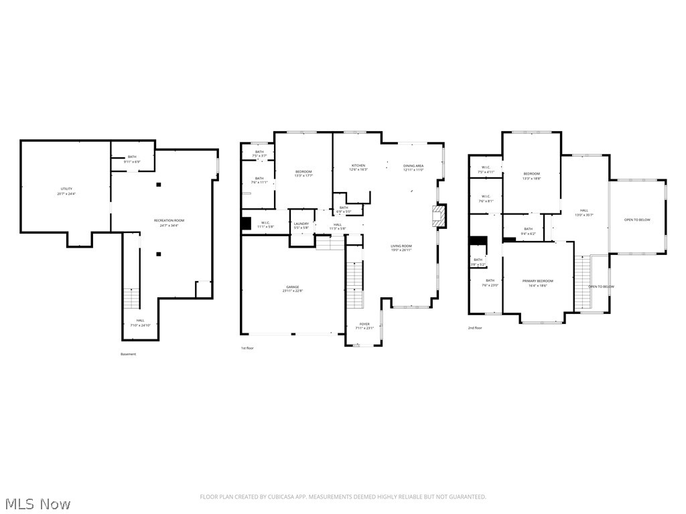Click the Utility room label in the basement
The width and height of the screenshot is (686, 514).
66,189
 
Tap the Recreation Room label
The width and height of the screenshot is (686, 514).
169,220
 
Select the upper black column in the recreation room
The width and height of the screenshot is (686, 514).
159,184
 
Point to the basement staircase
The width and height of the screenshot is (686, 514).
131,298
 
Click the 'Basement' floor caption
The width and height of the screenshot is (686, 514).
128,354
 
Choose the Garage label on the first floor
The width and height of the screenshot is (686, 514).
293,287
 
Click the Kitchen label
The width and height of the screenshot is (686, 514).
358,165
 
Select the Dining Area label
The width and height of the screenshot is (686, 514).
413,165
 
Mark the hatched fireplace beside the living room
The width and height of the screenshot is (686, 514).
438,214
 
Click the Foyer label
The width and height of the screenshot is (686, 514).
364,325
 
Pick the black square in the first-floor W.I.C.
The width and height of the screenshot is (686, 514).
247,224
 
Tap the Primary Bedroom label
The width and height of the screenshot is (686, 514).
538,281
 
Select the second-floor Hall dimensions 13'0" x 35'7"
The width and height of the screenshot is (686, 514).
584,216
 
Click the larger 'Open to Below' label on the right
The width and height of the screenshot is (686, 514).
637,220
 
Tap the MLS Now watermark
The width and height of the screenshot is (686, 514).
37,503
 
